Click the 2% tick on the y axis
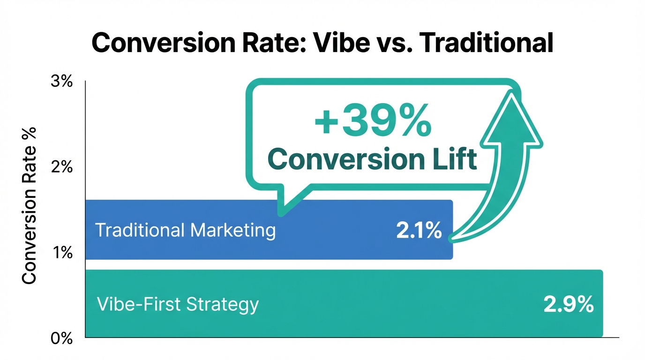pos(61,167)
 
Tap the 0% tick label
pos(61,338)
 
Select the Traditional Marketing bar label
pos(185,231)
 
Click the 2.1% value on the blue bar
pos(419,231)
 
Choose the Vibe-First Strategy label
pos(178,305)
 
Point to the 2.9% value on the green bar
pos(569,305)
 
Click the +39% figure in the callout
pos(373,120)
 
